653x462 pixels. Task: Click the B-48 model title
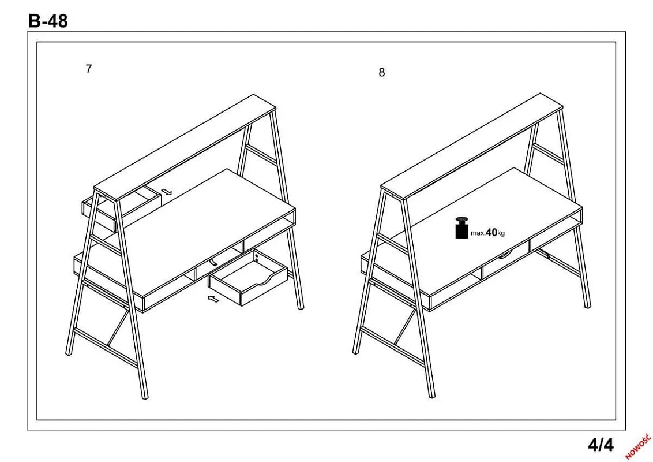coord(48,20)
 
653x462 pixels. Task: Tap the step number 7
coord(88,69)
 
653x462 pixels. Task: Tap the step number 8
coord(381,73)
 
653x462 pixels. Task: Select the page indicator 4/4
coord(601,445)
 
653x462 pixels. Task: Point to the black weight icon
coord(461,228)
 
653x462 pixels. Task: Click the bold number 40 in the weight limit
coord(491,232)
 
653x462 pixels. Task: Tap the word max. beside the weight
coord(478,233)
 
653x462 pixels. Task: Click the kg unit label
coord(501,233)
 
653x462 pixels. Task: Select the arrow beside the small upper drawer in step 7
coord(167,192)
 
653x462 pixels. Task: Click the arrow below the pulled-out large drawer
coord(213,299)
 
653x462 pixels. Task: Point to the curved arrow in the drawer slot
coord(213,262)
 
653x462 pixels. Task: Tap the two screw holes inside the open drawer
coord(256,257)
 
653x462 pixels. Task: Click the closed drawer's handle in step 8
coord(505,255)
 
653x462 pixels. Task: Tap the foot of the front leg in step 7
coord(145,397)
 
